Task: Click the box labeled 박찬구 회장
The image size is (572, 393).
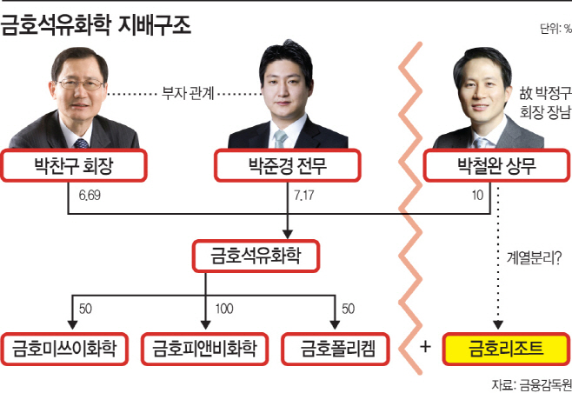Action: pyautogui.click(x=74, y=166)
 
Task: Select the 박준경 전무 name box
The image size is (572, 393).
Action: pyautogui.click(x=288, y=166)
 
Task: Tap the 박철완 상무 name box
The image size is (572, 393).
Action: pyautogui.click(x=497, y=166)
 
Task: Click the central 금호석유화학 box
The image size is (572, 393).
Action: pyautogui.click(x=256, y=256)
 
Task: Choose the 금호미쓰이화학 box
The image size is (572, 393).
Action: pyautogui.click(x=64, y=349)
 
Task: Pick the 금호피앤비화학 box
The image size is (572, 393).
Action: pyautogui.click(x=204, y=349)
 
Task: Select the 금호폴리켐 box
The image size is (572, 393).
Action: pyautogui.click(x=336, y=349)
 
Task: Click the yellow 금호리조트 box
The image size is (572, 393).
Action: pyautogui.click(x=506, y=349)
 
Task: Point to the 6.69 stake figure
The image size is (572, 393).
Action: pyautogui.click(x=90, y=196)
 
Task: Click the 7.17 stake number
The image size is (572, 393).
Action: pyautogui.click(x=304, y=196)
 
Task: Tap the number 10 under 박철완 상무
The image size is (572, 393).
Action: pyautogui.click(x=477, y=196)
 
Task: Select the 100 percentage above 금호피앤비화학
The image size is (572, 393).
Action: pyautogui.click(x=224, y=309)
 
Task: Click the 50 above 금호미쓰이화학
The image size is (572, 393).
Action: pyautogui.click(x=85, y=309)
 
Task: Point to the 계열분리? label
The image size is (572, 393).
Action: pyautogui.click(x=534, y=258)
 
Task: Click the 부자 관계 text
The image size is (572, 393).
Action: pyautogui.click(x=188, y=93)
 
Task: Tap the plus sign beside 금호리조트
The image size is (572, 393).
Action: pyautogui.click(x=425, y=347)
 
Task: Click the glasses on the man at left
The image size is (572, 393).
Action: pyautogui.click(x=81, y=84)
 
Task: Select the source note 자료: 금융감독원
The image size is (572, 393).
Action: pyautogui.click(x=532, y=385)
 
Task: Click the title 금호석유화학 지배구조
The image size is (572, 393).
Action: pyautogui.click(x=96, y=26)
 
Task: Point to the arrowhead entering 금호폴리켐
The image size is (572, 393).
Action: pyautogui.click(x=335, y=325)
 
